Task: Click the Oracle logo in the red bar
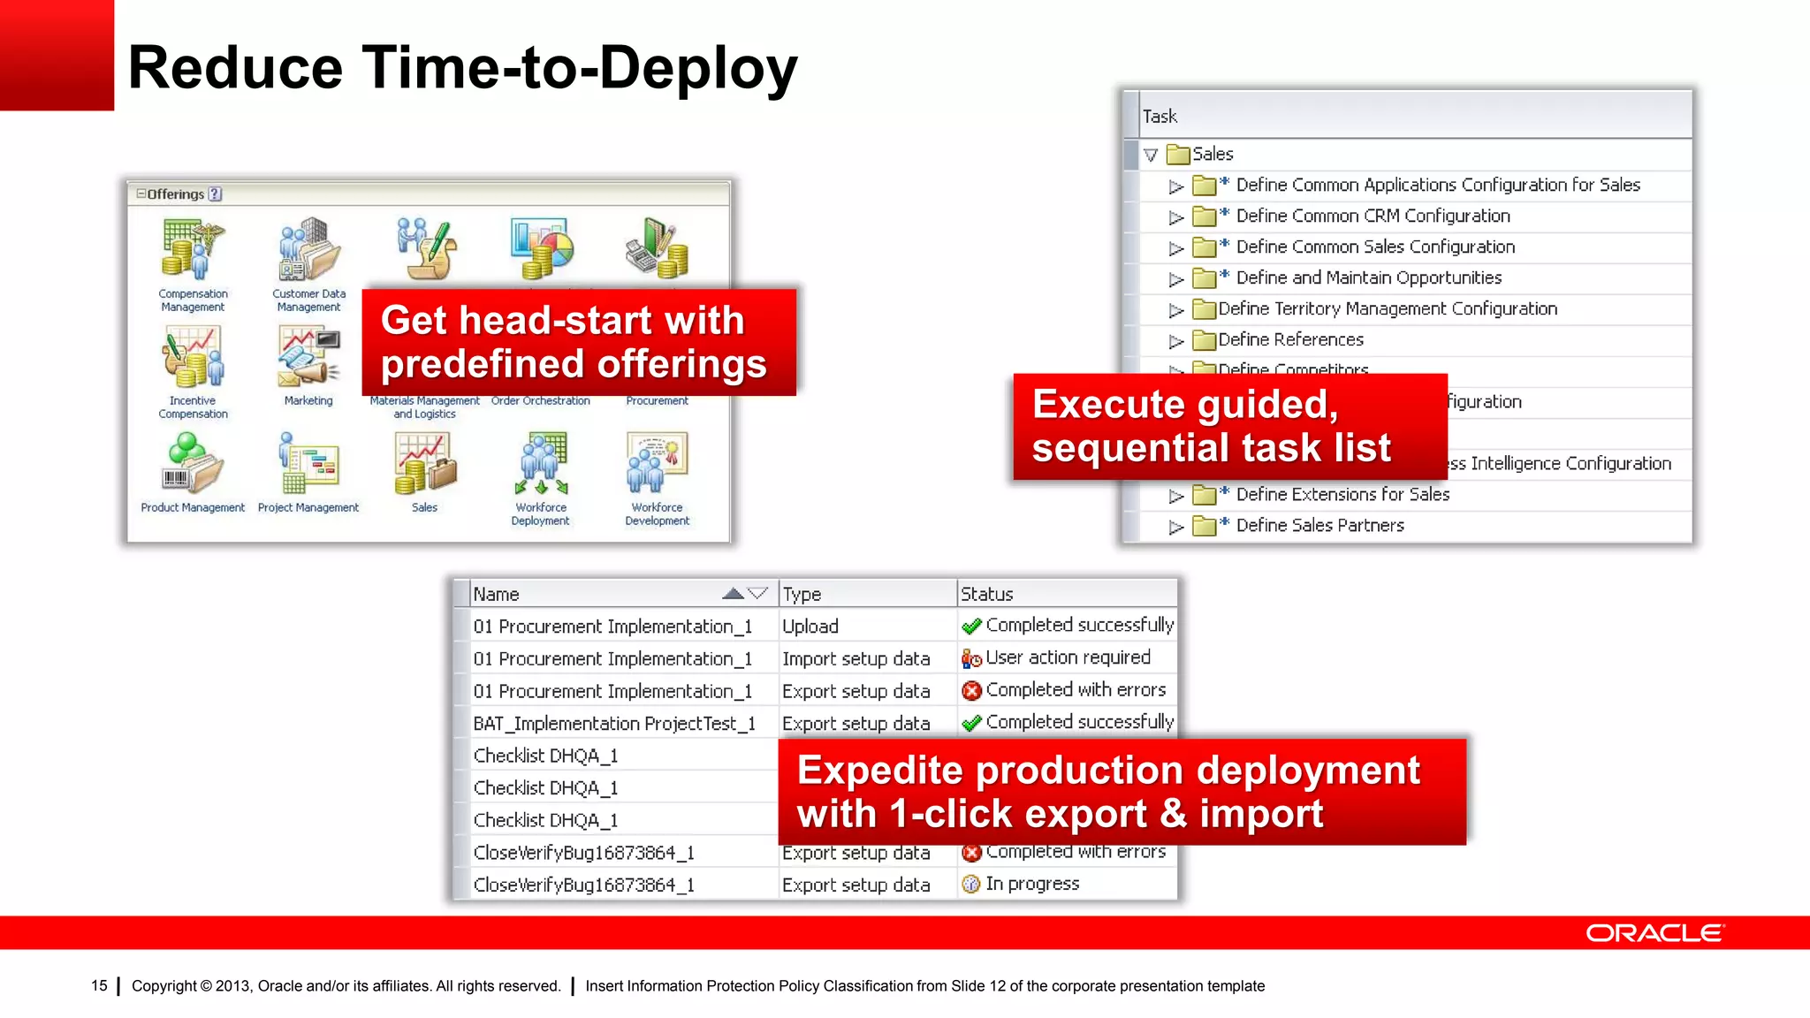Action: pyautogui.click(x=1654, y=933)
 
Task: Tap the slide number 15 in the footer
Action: pyautogui.click(x=99, y=985)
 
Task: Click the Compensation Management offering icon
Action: pyautogui.click(x=194, y=248)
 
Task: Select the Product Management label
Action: pyautogui.click(x=193, y=507)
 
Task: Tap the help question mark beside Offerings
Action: pyautogui.click(x=216, y=194)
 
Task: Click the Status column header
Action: pyautogui.click(x=987, y=594)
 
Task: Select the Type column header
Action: pyautogui.click(x=802, y=594)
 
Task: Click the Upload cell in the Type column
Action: pyautogui.click(x=810, y=627)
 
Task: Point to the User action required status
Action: pyautogui.click(x=1068, y=657)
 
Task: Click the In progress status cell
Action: pyautogui.click(x=1031, y=884)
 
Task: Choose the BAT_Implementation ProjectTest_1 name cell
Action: pyautogui.click(x=614, y=724)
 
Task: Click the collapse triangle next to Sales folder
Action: pyautogui.click(x=1151, y=155)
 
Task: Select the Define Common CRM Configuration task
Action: pyautogui.click(x=1373, y=216)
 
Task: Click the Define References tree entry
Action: pyautogui.click(x=1290, y=339)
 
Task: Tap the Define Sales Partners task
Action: pyautogui.click(x=1319, y=525)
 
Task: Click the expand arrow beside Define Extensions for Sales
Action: pyautogui.click(x=1175, y=496)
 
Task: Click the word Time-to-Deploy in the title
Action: pyautogui.click(x=580, y=68)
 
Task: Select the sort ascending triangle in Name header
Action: pyautogui.click(x=733, y=594)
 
